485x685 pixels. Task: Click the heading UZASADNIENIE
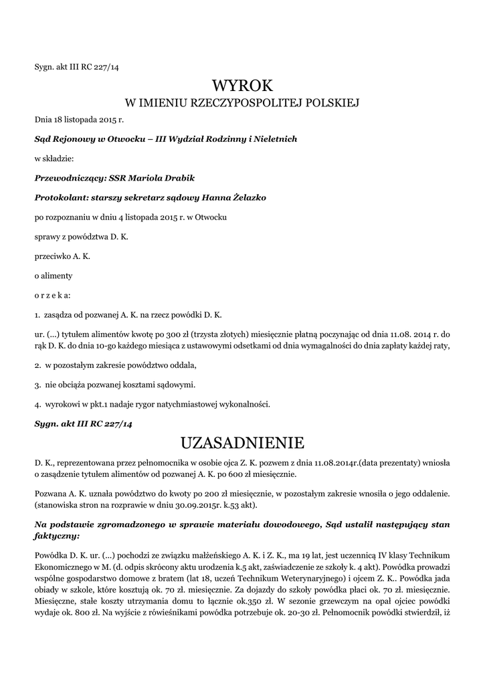click(242, 443)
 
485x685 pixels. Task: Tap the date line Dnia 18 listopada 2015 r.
click(80, 120)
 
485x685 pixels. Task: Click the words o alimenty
click(54, 276)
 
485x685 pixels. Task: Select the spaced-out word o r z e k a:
click(52, 295)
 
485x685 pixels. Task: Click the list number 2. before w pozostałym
click(38, 366)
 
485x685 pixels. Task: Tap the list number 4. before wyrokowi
click(38, 405)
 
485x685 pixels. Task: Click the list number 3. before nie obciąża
click(38, 385)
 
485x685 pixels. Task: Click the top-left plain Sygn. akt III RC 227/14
click(76, 66)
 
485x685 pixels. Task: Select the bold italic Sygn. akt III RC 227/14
click(84, 423)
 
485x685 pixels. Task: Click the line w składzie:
click(54, 159)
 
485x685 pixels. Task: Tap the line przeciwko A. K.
click(62, 256)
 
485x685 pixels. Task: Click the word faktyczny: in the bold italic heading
click(57, 536)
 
